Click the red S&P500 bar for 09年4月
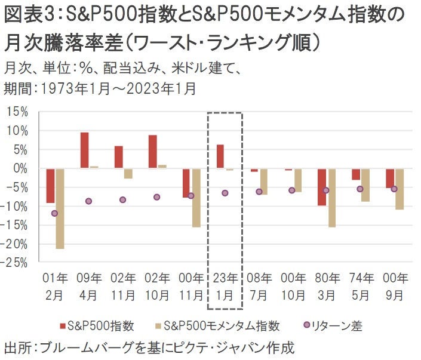click(85, 150)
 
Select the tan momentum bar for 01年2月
click(60, 208)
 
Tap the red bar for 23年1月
click(220, 156)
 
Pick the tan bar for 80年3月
click(331, 198)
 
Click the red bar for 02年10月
click(153, 152)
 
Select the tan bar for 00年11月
click(196, 198)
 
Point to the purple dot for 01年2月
click(55, 213)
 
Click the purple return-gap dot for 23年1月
click(225, 193)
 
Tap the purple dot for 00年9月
click(394, 189)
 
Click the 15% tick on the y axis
click(18, 112)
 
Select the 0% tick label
click(21, 168)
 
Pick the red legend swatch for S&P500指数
click(62, 326)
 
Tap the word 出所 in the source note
click(18, 347)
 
